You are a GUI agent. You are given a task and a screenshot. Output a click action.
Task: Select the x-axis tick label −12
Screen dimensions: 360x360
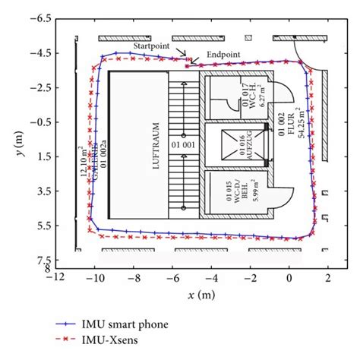point(55,279)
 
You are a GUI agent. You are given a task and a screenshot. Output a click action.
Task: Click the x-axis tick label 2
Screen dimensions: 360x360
point(328,279)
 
